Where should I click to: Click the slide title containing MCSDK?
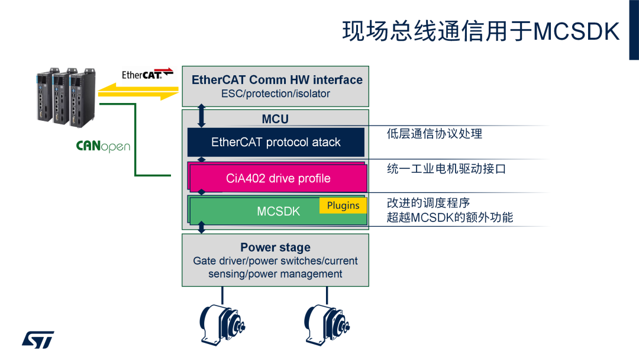480,31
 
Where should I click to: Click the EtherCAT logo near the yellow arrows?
147,74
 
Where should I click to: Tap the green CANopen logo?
103,146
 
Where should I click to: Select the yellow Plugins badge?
343,205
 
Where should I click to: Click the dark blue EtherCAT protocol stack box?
276,142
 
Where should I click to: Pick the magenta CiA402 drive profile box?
278,178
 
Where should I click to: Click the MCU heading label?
275,119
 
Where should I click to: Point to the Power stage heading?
275,247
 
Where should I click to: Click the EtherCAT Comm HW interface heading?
277,80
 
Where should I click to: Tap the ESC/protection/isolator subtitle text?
276,94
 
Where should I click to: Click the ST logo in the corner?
38,339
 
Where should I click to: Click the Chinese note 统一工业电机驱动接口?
446,169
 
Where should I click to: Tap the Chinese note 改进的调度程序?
428,203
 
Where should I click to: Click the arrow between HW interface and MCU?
202,116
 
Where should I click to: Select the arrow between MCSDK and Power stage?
202,227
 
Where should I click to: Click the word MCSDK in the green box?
278,211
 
